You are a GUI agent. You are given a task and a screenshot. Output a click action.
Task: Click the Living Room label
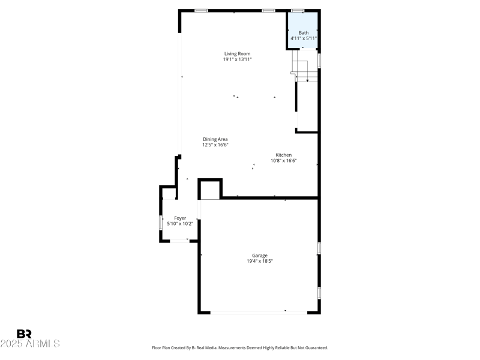click(x=238, y=53)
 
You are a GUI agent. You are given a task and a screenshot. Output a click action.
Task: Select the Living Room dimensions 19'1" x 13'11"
click(x=238, y=59)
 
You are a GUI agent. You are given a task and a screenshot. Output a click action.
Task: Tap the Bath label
click(x=304, y=32)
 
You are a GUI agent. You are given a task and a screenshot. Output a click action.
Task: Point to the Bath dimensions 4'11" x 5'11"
click(x=304, y=38)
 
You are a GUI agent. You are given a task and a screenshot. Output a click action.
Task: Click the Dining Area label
click(x=215, y=139)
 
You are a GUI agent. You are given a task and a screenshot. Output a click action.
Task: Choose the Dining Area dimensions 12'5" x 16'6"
click(x=215, y=145)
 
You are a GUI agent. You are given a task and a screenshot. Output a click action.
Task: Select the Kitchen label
click(x=284, y=155)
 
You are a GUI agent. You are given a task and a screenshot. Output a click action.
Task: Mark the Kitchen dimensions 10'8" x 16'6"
click(x=284, y=160)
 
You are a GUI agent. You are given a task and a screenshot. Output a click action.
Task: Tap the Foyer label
click(x=180, y=218)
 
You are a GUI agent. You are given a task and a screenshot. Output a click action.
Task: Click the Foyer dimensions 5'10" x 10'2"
click(x=180, y=224)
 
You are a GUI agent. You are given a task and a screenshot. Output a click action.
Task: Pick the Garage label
click(x=260, y=255)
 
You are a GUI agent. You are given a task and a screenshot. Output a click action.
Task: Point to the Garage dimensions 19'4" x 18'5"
click(x=260, y=261)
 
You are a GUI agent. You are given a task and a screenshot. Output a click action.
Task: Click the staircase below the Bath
click(x=304, y=66)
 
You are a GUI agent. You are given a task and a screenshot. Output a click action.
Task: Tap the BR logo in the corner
click(x=24, y=334)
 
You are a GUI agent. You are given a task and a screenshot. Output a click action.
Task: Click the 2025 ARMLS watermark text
click(x=30, y=344)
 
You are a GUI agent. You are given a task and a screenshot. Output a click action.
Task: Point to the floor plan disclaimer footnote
click(x=240, y=348)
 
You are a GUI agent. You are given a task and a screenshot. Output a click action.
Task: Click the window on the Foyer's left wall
click(x=161, y=223)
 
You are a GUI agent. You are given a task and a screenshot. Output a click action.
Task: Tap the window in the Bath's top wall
click(x=298, y=10)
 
